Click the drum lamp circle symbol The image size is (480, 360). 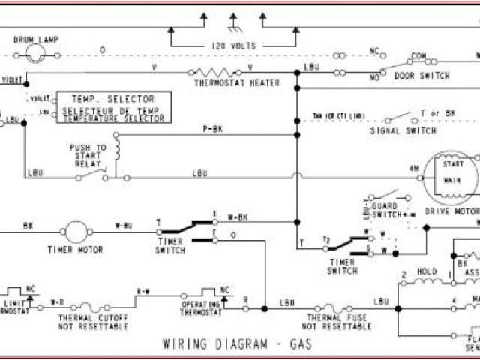pyautogui.click(x=34, y=52)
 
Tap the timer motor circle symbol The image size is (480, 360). pyautogui.click(x=76, y=232)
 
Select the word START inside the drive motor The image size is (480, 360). pyautogui.click(x=452, y=163)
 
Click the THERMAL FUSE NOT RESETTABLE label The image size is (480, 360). pyautogui.click(x=337, y=322)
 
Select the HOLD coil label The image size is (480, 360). pyautogui.click(x=427, y=271)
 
